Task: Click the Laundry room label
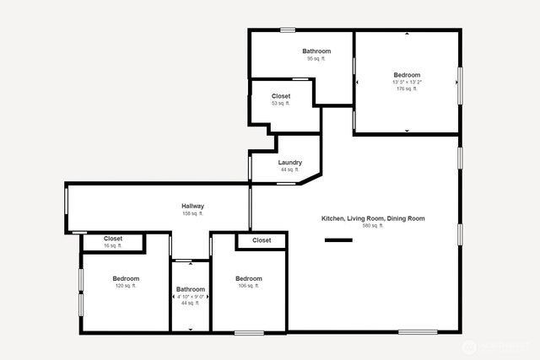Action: [289, 163]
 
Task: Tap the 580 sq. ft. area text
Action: [372, 226]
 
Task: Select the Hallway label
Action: [192, 206]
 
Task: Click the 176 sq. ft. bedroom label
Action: [408, 76]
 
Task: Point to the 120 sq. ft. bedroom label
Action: [126, 278]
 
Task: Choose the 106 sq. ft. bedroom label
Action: [248, 279]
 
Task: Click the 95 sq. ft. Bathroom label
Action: [316, 51]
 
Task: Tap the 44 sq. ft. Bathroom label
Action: [190, 290]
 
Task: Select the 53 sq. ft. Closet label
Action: [281, 96]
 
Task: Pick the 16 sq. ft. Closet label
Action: [113, 239]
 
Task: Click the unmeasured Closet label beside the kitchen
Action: [262, 240]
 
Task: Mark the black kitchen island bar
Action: [338, 240]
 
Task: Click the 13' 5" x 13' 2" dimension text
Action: [408, 83]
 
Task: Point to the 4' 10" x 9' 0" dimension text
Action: [190, 297]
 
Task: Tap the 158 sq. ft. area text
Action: [192, 213]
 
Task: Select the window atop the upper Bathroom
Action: [288, 30]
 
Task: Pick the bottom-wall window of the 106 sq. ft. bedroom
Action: [249, 332]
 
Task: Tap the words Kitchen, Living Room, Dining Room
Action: [372, 218]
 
